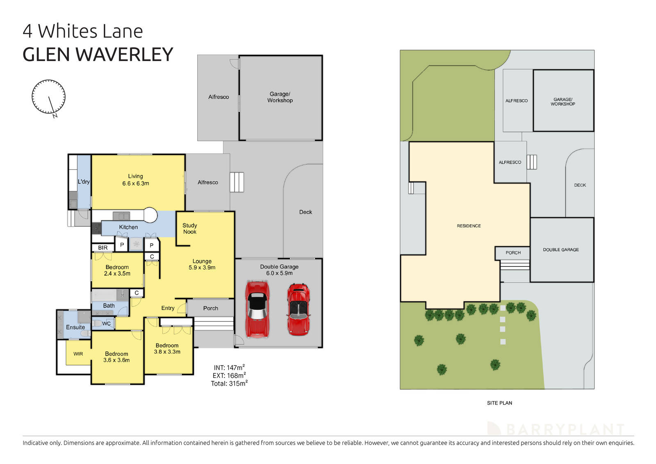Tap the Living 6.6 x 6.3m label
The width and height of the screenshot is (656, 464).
pos(135,180)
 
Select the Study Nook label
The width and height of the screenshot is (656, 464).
pos(189,229)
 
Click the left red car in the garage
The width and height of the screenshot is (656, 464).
pos(257,309)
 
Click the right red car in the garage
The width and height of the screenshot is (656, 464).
pos(298,309)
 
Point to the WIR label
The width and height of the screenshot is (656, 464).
pos(78,354)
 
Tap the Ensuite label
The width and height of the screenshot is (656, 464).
pos(75,327)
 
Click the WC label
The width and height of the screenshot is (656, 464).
pos(106,323)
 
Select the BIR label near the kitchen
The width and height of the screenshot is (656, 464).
pos(103,248)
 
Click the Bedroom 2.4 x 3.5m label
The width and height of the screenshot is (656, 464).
pos(117,270)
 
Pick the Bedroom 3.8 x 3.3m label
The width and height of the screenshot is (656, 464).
pos(167,348)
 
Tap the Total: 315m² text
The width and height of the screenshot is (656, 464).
pos(229,384)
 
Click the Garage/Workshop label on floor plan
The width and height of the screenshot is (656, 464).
pos(280,97)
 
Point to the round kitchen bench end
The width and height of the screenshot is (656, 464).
pos(150,215)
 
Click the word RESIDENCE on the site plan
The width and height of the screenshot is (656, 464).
pos(469,226)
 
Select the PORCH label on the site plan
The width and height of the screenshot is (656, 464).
pos(513,252)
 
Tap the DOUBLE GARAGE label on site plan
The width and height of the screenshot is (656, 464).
pos(561,250)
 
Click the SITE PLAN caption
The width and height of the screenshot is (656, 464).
pos(499,403)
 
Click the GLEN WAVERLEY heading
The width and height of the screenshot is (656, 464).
pos(98,55)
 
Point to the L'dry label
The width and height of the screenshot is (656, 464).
pos(84,182)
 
